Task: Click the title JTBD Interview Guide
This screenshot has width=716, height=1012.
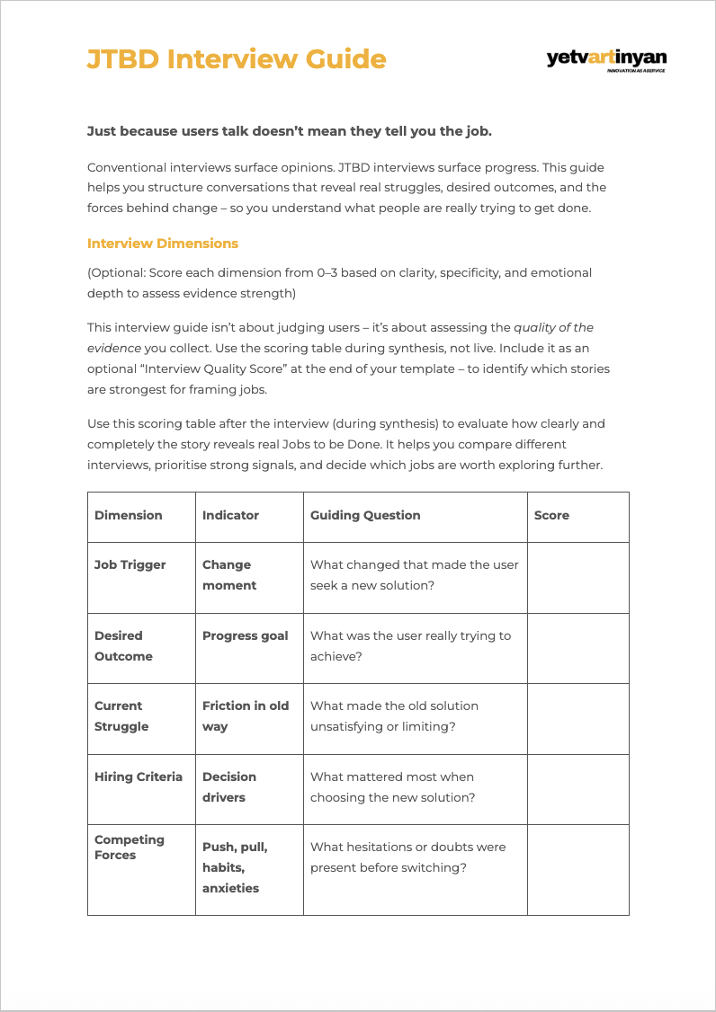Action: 237,59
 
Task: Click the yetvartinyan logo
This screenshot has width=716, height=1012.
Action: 606,60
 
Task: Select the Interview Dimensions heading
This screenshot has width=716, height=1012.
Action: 163,244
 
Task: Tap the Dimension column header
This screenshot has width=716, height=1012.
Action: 129,515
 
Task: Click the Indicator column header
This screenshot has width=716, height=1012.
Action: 230,515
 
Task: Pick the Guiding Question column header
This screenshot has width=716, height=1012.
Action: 365,515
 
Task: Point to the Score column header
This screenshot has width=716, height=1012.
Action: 551,515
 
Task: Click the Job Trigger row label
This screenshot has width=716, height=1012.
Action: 130,564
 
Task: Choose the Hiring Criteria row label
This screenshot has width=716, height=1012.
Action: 139,777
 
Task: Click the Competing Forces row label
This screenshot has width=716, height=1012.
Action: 130,847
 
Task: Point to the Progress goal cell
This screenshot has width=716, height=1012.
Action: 245,635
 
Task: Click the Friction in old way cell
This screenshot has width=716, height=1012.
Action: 245,716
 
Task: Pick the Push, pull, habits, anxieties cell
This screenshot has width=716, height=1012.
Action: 235,867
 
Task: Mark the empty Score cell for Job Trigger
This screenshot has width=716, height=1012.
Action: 577,577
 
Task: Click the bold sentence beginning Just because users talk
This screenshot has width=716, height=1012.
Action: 289,131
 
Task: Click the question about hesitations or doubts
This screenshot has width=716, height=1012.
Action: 407,857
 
